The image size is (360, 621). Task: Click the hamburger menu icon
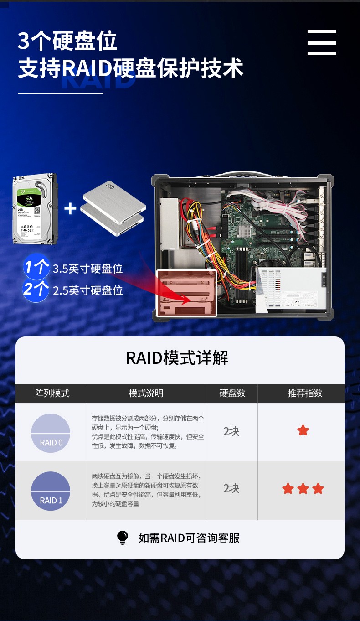321,43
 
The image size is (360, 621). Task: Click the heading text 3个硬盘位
67,41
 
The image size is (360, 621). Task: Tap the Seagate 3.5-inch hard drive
35,208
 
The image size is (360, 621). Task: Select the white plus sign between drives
70,209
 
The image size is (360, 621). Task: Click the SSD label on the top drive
109,186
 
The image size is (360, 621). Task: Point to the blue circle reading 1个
36,267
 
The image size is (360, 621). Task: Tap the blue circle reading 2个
36,289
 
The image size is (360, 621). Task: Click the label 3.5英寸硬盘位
87,269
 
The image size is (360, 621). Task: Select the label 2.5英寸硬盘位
87,290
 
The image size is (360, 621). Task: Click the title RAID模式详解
177,358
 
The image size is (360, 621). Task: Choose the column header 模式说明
146,393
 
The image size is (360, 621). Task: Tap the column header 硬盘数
232,393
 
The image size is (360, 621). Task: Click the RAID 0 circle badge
51,433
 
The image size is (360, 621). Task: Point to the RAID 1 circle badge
51,491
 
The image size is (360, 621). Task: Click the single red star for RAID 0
303,430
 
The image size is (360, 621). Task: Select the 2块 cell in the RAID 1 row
231,488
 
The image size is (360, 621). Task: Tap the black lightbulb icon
123,538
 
